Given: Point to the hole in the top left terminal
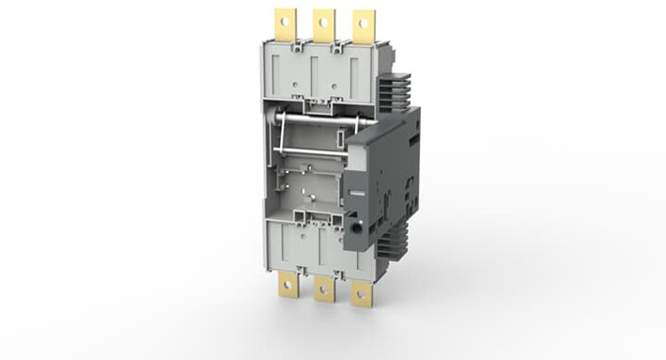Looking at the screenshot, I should [x=283, y=18].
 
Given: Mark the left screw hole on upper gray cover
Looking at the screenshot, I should [x=298, y=95].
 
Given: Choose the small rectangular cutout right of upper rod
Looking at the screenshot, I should [x=339, y=140].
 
